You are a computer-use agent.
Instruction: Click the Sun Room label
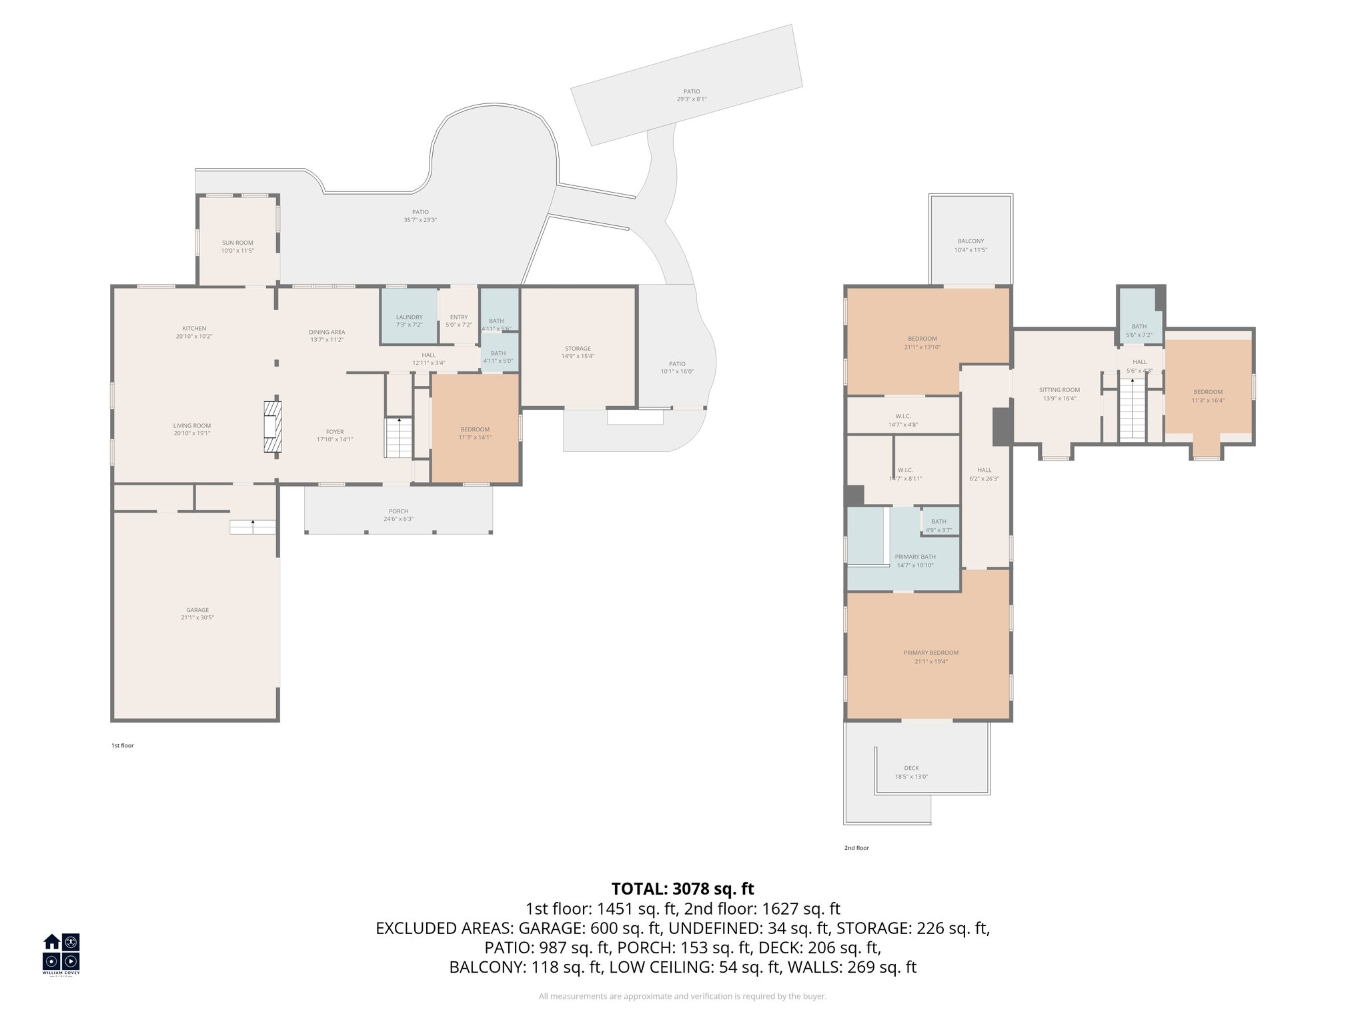click(237, 243)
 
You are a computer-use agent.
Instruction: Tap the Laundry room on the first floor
click(409, 317)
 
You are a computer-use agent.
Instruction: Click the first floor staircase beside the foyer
click(399, 437)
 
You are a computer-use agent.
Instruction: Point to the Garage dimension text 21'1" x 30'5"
click(197, 618)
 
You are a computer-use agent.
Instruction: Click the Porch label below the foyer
click(398, 511)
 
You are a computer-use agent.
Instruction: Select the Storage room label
click(578, 349)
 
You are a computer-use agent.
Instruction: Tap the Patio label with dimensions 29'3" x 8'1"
click(692, 91)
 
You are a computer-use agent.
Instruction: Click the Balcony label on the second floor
click(970, 241)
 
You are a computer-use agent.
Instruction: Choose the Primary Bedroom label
click(930, 653)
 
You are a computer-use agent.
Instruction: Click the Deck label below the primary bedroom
click(911, 768)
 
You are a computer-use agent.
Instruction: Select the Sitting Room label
click(1059, 390)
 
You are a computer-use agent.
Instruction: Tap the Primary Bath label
click(915, 557)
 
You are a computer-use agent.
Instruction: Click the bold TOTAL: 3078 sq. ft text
click(682, 889)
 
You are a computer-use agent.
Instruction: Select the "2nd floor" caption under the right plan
click(856, 848)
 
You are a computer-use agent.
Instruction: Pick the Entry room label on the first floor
click(458, 317)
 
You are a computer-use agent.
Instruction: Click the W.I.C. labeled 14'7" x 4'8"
click(904, 416)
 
